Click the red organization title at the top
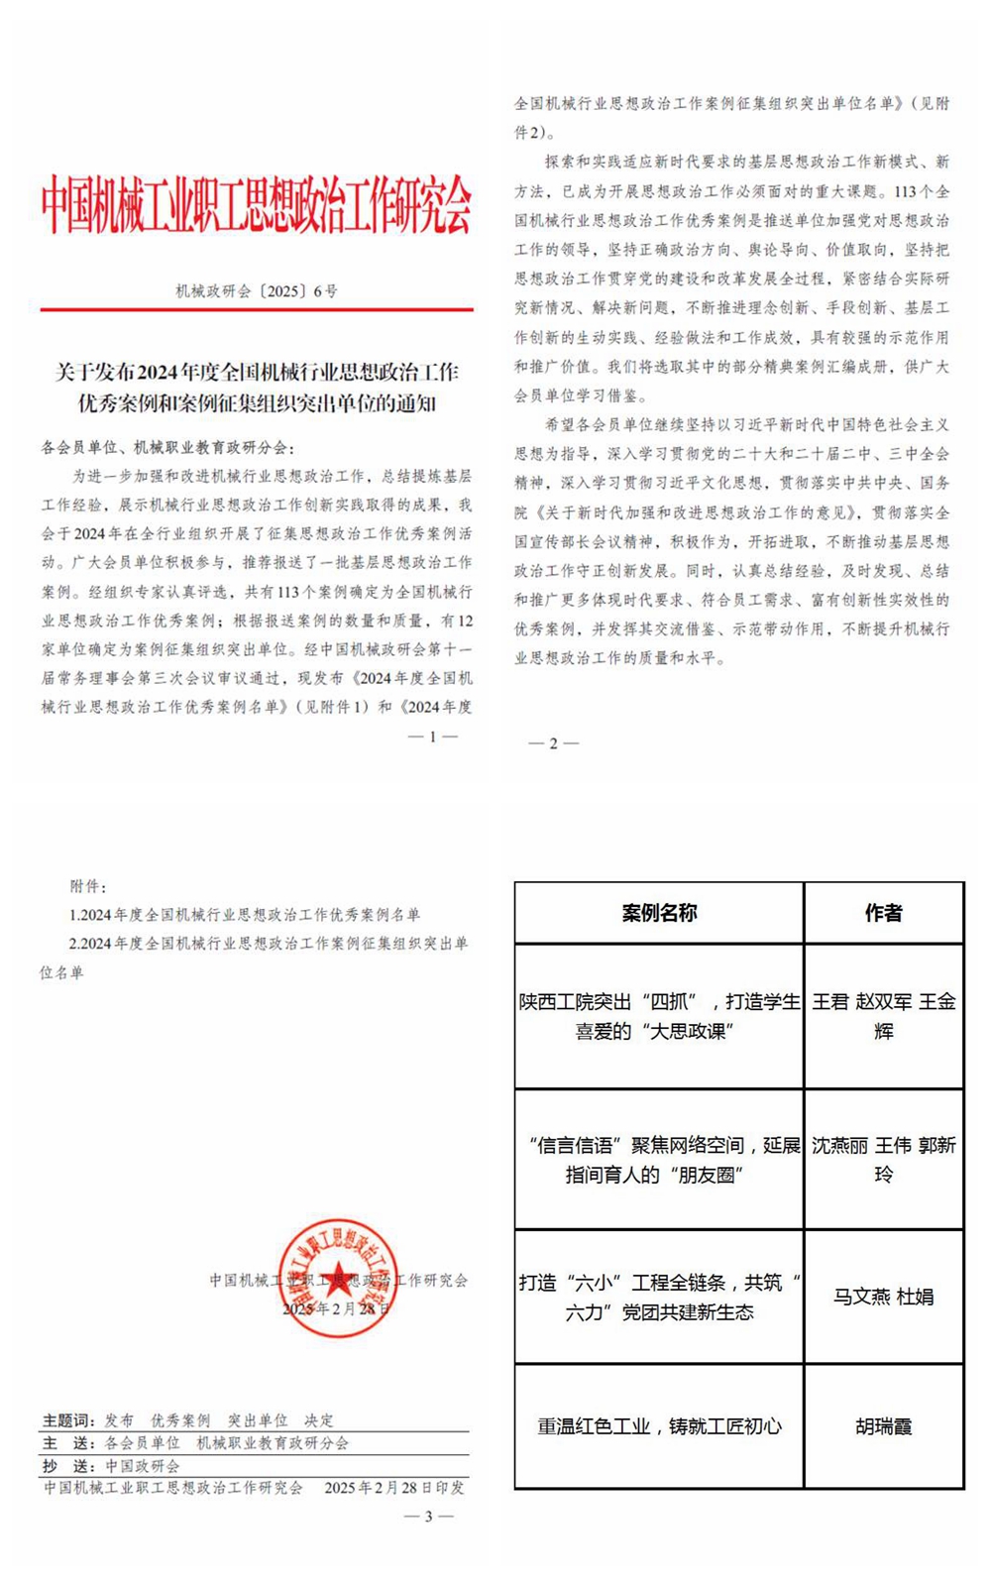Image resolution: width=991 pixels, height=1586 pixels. pyautogui.click(x=256, y=205)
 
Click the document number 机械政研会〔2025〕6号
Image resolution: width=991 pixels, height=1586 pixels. pyautogui.click(x=256, y=291)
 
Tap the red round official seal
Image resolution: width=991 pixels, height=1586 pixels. pyautogui.click(x=337, y=1279)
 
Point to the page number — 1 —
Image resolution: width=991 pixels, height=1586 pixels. pyautogui.click(x=432, y=737)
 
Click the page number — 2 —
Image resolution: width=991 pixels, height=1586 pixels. pyautogui.click(x=554, y=743)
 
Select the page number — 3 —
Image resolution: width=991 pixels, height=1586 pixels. pyautogui.click(x=428, y=1516)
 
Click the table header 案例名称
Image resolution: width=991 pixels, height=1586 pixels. pyautogui.click(x=659, y=913)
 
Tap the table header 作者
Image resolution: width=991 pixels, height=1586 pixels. pyautogui.click(x=883, y=913)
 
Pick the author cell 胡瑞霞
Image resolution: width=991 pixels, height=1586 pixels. pyautogui.click(x=883, y=1426)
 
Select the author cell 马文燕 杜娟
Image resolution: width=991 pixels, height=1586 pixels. pyautogui.click(x=883, y=1297)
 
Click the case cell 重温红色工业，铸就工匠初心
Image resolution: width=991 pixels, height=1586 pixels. pyautogui.click(x=659, y=1426)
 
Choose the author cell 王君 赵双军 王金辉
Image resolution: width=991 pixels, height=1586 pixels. pyautogui.click(x=883, y=1016)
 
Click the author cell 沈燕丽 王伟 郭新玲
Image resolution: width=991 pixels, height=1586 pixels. pyautogui.click(x=883, y=1159)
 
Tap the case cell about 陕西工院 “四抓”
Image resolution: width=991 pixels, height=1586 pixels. pyautogui.click(x=659, y=1016)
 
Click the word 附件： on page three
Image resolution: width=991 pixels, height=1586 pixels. pyautogui.click(x=88, y=886)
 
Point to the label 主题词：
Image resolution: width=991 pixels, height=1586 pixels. pyautogui.click(x=68, y=1420)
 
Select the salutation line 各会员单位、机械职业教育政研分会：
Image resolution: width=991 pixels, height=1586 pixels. pyautogui.click(x=167, y=448)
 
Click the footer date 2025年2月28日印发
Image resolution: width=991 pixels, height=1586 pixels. pyautogui.click(x=393, y=1488)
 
